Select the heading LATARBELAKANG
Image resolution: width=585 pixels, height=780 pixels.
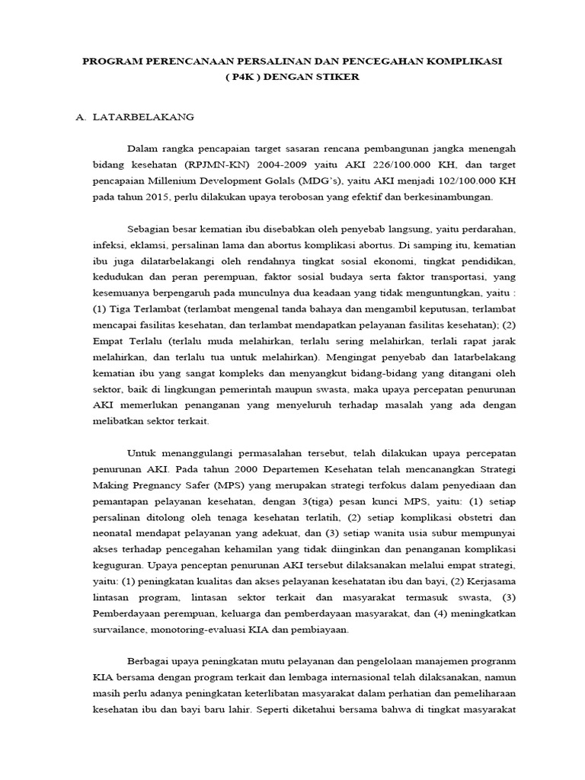click(x=143, y=117)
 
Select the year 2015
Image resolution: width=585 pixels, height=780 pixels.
click(x=142, y=197)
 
